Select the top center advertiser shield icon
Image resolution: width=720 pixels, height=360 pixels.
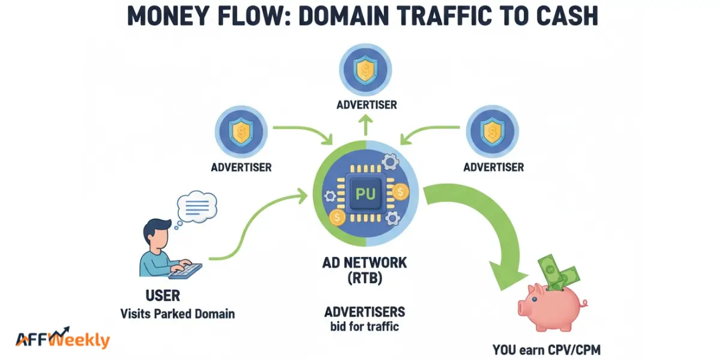(366, 70)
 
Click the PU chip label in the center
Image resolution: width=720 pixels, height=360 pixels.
(365, 194)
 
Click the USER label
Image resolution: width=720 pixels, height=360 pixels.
(163, 296)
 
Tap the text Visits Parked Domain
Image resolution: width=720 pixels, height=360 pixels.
(178, 313)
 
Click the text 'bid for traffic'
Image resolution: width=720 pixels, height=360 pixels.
(364, 326)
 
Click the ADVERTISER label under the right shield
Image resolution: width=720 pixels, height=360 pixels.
(493, 167)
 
